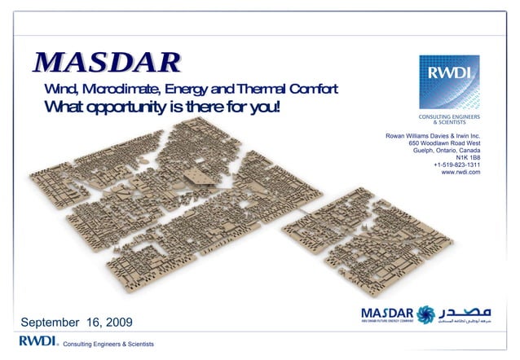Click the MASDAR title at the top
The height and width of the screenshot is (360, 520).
(107, 62)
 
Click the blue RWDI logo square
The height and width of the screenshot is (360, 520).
(448, 82)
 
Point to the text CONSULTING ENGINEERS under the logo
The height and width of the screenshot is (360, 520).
(449, 116)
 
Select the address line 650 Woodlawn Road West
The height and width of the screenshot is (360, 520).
(444, 143)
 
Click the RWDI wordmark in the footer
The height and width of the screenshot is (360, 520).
(36, 340)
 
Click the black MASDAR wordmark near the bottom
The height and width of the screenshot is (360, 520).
(386, 312)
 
